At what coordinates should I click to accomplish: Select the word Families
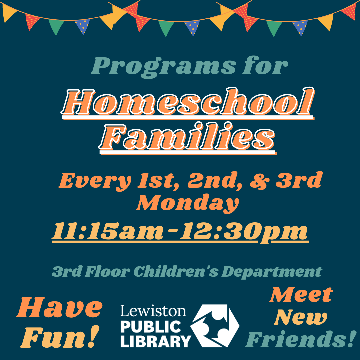click(187, 137)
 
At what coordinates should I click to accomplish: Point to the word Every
click(94, 181)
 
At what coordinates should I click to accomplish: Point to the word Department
click(272, 272)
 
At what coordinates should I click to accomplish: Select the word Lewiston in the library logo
click(153, 311)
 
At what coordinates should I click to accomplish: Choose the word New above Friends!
click(300, 318)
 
